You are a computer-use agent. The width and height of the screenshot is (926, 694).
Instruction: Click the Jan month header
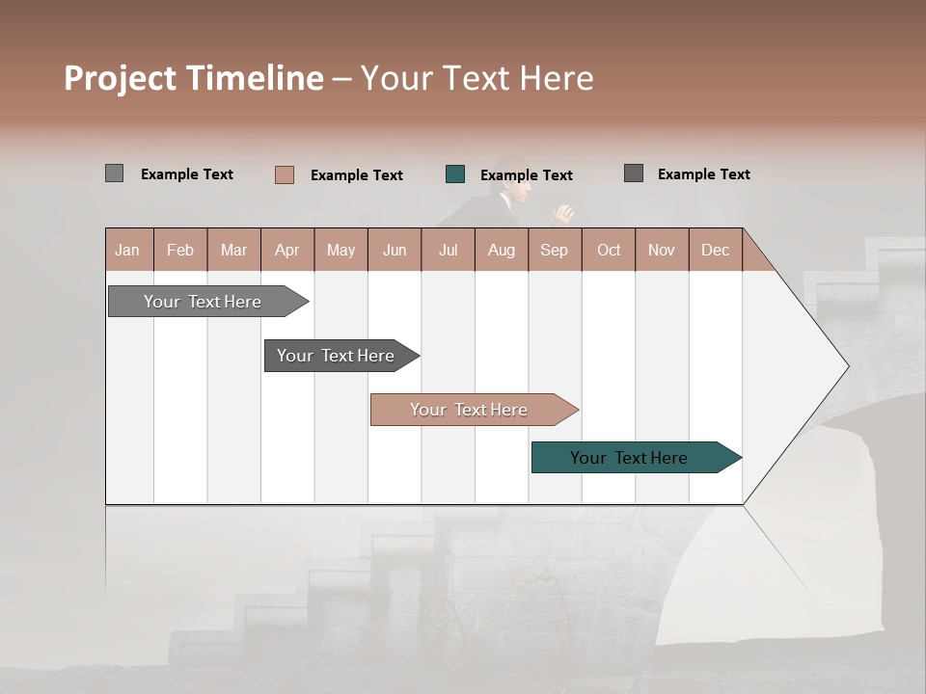tap(127, 251)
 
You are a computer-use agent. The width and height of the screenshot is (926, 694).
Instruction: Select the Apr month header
tap(287, 251)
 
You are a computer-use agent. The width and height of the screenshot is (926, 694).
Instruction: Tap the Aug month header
tap(502, 251)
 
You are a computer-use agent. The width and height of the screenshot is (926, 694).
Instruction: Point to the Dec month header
tap(716, 251)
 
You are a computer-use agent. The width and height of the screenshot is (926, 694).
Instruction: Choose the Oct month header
tap(609, 251)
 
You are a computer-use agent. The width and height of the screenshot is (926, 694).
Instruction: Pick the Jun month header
tap(395, 251)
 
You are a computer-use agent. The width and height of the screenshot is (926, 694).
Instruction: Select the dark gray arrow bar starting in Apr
tap(338, 356)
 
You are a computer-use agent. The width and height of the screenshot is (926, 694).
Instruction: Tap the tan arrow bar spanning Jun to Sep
tap(471, 410)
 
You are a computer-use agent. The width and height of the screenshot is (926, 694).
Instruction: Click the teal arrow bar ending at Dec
tap(632, 458)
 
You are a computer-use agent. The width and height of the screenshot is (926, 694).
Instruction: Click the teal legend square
tap(455, 174)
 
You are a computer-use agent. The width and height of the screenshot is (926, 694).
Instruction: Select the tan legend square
tap(285, 174)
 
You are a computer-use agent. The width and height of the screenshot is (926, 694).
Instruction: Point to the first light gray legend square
tap(114, 173)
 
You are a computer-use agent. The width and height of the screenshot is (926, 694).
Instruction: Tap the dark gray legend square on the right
tap(634, 173)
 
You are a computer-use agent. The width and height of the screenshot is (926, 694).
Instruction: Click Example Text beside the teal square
tap(527, 175)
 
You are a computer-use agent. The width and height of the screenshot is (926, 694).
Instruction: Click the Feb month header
tap(180, 251)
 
